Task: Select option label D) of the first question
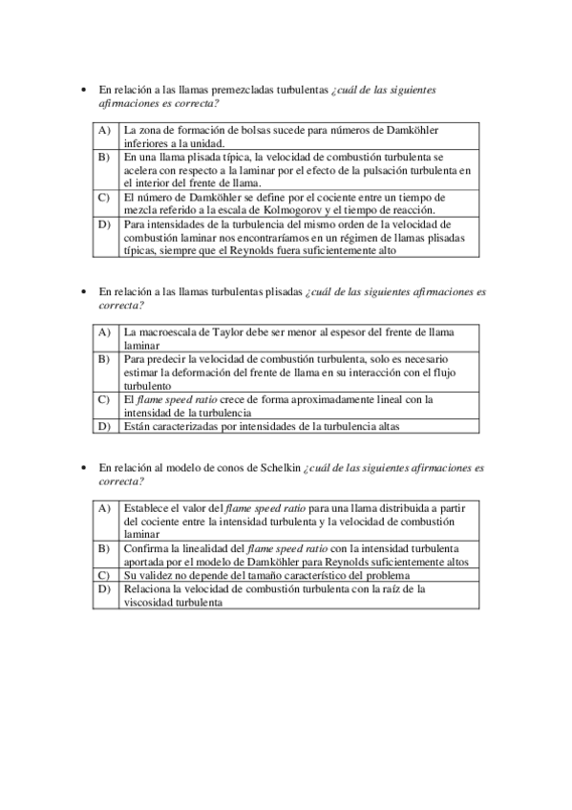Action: (104, 224)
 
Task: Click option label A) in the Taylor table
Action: (104, 332)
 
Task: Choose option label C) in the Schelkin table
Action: (104, 576)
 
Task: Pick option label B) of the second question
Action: (104, 359)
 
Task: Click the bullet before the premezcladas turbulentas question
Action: (84, 89)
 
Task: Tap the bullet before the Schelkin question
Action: (84, 468)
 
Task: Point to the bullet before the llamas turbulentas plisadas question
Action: (84, 291)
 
